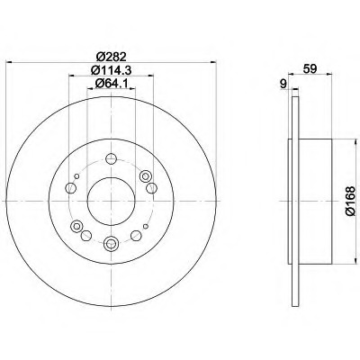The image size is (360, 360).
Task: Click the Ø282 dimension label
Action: pos(111,56)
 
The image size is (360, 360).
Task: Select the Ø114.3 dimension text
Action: pos(111,70)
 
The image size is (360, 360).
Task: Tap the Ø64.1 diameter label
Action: pos(111,84)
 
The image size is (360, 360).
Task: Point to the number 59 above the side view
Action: pos(310,68)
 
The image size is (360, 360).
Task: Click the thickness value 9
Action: pos(283,84)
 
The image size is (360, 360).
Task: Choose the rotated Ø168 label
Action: pos(350,201)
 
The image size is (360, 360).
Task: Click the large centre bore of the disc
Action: pos(111,202)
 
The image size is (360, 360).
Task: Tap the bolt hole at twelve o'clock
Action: pos(111,158)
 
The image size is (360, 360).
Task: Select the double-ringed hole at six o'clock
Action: pos(110,243)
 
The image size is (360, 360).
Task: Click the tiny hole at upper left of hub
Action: pos(76,176)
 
